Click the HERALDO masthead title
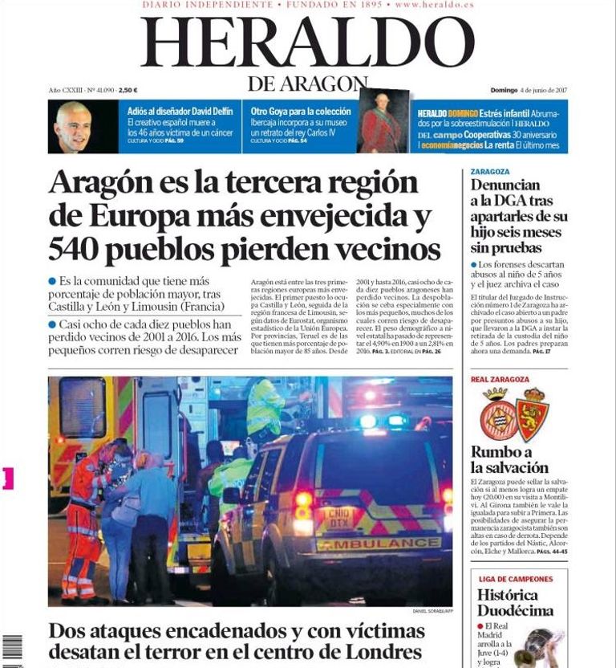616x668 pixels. pyautogui.click(x=308, y=43)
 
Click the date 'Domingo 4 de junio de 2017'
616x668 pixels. pyautogui.click(x=529, y=91)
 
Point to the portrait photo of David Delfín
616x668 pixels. pyautogui.click(x=74, y=126)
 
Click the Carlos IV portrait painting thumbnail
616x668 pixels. pyautogui.click(x=382, y=122)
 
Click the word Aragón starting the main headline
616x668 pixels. pyautogui.click(x=99, y=182)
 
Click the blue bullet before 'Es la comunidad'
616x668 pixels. pyautogui.click(x=53, y=281)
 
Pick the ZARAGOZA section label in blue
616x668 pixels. pyautogui.click(x=490, y=172)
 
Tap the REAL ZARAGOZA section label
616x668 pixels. pyautogui.click(x=500, y=379)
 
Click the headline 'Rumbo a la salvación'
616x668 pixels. pyautogui.click(x=509, y=459)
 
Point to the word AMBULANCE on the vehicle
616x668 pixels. pyautogui.click(x=368, y=544)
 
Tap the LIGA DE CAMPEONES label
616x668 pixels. pyautogui.click(x=515, y=579)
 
